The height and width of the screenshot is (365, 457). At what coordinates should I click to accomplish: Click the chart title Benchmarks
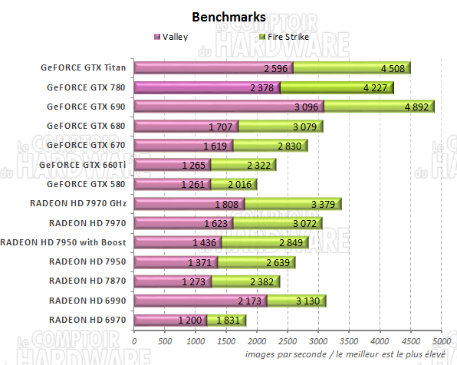(x=228, y=16)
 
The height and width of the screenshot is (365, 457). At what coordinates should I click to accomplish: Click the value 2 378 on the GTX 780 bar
(x=262, y=87)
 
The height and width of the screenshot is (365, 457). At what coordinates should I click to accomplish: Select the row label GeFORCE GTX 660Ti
(x=84, y=164)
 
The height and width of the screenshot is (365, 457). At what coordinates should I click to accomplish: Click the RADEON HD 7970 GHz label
(x=78, y=203)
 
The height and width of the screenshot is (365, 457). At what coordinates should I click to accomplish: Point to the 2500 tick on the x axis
(x=288, y=340)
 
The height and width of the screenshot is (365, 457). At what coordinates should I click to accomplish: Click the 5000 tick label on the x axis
(x=440, y=340)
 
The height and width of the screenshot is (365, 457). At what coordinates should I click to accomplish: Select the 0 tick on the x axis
(x=135, y=340)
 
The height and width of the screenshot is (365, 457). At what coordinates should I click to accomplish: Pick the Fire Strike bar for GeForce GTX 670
(x=270, y=145)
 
